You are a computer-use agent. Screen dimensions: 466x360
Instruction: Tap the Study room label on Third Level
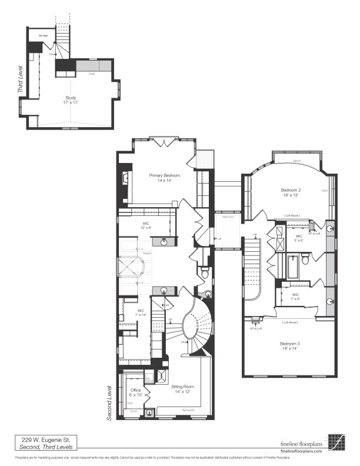(x=71, y=98)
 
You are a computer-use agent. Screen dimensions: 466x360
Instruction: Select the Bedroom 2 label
(x=291, y=191)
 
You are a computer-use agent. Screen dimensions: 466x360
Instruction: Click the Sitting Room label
(x=183, y=387)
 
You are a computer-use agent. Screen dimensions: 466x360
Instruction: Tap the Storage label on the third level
(x=43, y=36)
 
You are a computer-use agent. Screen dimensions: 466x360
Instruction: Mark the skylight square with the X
(x=128, y=269)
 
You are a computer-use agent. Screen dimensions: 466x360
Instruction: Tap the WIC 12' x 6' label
(x=146, y=225)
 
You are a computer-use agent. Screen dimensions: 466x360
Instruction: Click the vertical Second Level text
(x=109, y=402)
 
